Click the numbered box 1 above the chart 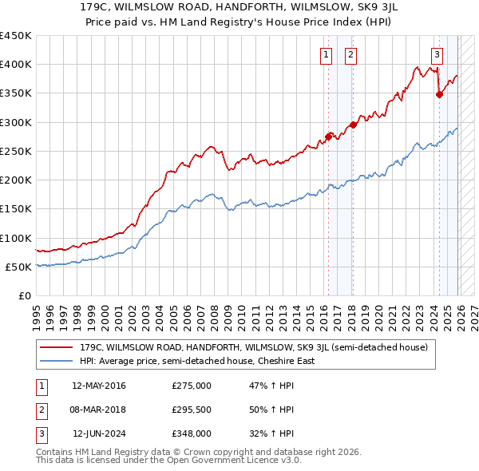[327, 55]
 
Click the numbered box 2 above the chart [351, 55]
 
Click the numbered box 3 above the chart [437, 55]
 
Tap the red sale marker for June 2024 [439, 94]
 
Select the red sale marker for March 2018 [353, 125]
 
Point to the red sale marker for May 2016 [328, 137]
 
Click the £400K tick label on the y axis [16, 65]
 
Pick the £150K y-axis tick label [16, 209]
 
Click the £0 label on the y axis [24, 296]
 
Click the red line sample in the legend [57, 347]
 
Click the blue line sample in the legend [57, 361]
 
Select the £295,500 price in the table [192, 410]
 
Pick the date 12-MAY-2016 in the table [98, 386]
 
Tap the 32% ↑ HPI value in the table [271, 433]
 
